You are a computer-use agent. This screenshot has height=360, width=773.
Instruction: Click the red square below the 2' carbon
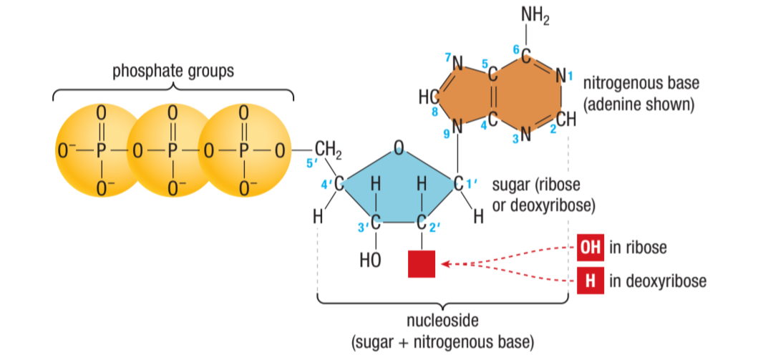pos(421,263)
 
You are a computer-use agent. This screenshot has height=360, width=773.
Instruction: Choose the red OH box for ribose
pos(589,248)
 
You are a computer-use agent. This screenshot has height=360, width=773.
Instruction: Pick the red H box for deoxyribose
pos(589,281)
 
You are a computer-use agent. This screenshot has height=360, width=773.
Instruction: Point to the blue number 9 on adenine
pos(447,133)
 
